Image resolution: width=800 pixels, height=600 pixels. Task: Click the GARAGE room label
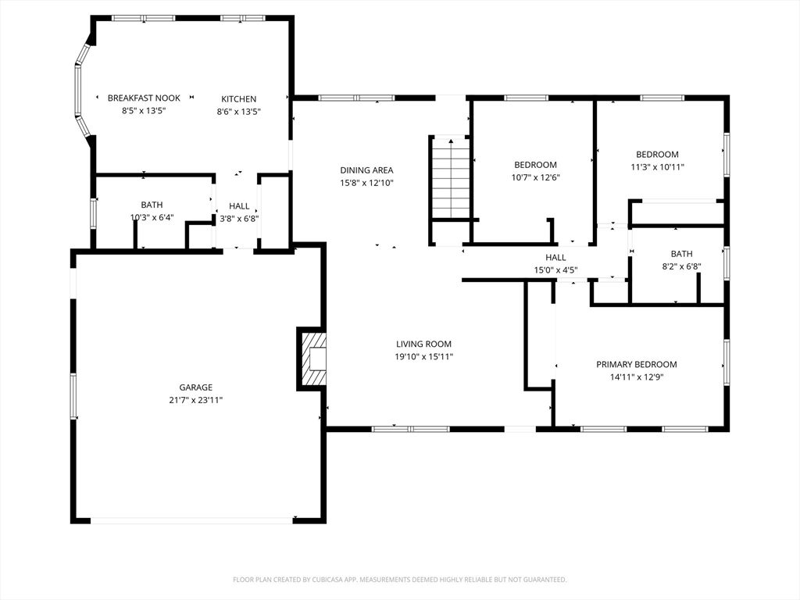[x=195, y=387]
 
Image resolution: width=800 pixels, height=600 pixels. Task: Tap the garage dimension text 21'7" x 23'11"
[x=196, y=401]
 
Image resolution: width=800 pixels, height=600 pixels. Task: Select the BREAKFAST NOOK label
[x=144, y=98]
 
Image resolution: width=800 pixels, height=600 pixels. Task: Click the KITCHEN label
[x=239, y=99]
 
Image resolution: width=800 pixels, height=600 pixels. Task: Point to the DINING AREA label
[x=367, y=170]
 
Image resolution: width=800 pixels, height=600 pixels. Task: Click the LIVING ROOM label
[x=424, y=344]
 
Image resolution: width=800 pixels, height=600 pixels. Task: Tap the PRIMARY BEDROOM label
[x=637, y=364]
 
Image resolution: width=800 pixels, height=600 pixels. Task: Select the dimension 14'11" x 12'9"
[x=637, y=377]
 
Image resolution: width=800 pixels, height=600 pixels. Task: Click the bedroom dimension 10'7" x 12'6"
[x=536, y=177]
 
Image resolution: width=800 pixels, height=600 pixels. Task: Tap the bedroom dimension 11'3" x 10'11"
[x=657, y=167]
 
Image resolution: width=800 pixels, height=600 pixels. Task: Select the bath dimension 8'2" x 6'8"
[x=681, y=266]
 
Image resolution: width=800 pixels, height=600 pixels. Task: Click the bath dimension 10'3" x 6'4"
[x=152, y=217]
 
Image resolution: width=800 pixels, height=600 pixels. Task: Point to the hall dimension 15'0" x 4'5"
[x=555, y=270]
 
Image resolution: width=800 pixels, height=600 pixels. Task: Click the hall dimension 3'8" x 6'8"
[x=239, y=219]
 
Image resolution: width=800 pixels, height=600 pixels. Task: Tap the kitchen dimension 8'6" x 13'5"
[x=239, y=111]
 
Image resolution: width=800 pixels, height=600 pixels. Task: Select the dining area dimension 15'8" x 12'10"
[x=367, y=183]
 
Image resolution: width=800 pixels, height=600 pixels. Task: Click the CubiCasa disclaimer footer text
[x=400, y=580]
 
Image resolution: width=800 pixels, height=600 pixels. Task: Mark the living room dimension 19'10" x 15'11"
[x=424, y=357]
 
